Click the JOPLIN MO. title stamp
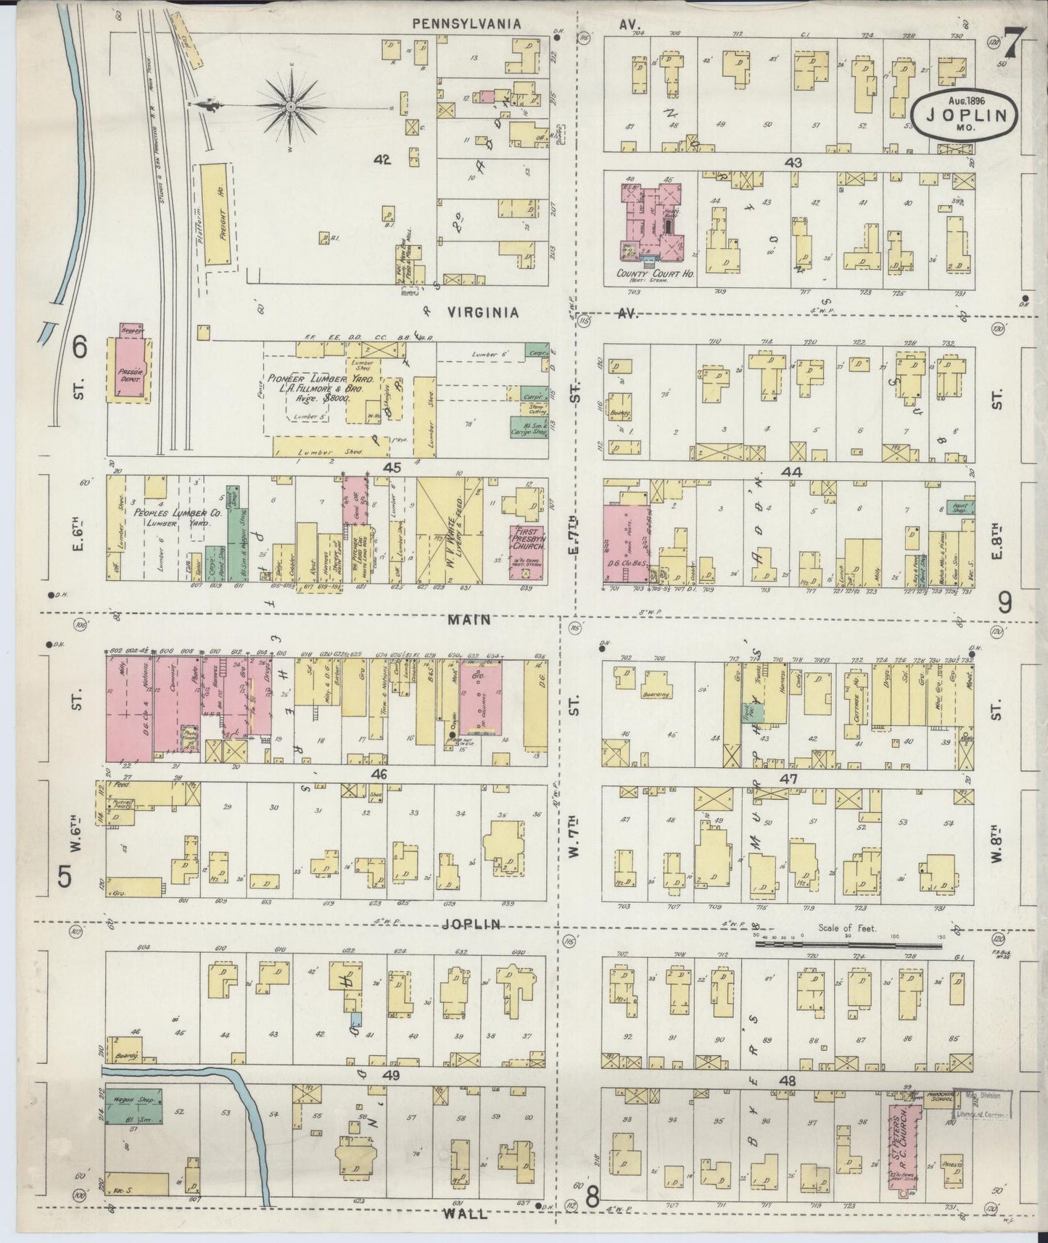tap(964, 113)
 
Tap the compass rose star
tap(290, 107)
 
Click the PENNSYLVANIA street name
tap(466, 24)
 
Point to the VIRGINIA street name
tap(482, 313)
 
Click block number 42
tap(381, 160)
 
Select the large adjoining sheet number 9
tap(1004, 601)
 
